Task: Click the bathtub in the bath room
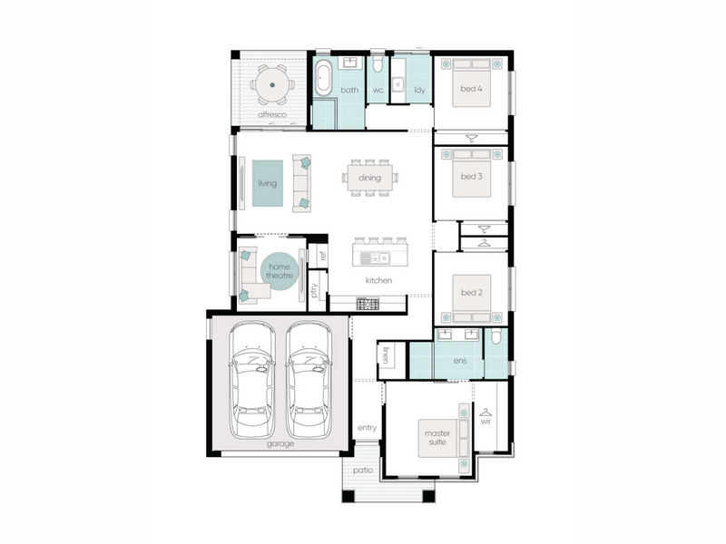point(323,78)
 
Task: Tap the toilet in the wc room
point(378,64)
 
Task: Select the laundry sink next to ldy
point(397,84)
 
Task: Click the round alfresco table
point(272,84)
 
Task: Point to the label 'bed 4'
point(471,88)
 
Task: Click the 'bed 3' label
point(471,176)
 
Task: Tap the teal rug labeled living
point(268,183)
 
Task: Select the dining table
point(370,178)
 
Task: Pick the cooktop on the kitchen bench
point(368,305)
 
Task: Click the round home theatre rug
point(280,271)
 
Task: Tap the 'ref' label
point(323,256)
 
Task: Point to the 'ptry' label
point(314,290)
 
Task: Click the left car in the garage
point(252,380)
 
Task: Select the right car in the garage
point(309,380)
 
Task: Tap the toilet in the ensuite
point(495,336)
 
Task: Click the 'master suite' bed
point(444,438)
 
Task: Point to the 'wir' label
point(486,422)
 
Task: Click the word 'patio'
point(362,471)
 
